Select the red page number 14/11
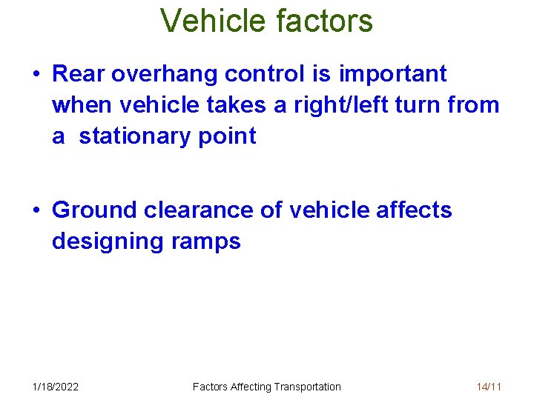(x=489, y=386)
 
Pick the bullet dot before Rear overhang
(x=36, y=75)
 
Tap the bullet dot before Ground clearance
(x=36, y=211)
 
